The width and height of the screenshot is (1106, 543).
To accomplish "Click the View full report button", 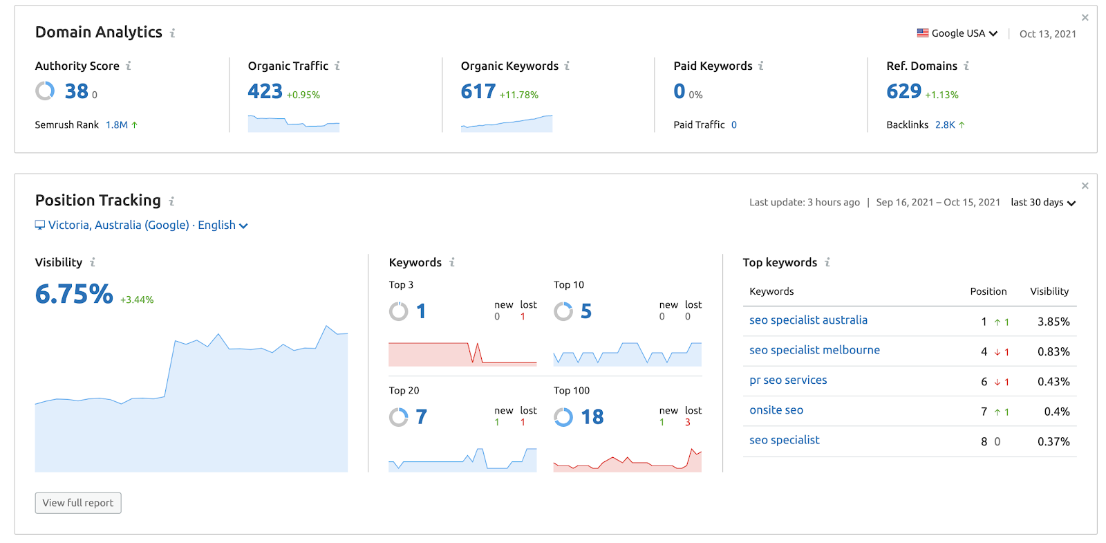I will point(78,503).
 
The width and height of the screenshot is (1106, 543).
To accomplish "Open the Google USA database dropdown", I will point(957,33).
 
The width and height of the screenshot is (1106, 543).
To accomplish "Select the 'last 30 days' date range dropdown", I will point(1042,203).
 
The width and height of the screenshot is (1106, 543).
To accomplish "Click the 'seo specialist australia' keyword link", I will point(808,320).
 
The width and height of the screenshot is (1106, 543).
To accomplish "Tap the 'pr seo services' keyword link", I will point(788,380).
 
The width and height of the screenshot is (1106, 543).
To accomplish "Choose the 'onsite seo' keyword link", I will point(776,410).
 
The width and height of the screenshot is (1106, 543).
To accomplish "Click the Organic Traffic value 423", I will point(265,91).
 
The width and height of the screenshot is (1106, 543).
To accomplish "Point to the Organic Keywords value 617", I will point(478,91).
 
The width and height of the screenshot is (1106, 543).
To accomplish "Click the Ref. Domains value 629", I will point(904,91).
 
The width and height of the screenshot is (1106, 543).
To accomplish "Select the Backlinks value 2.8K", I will point(945,125).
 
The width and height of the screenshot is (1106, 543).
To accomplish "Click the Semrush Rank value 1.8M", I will point(117,125).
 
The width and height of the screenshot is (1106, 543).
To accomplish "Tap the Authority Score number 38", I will point(77,91).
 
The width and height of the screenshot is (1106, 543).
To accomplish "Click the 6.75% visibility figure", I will point(74,294).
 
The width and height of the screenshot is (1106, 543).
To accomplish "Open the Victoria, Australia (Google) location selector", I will point(142,226).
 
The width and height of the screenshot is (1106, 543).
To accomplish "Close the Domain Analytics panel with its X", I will point(1085,18).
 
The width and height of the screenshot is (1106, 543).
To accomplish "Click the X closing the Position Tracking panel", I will point(1085,186).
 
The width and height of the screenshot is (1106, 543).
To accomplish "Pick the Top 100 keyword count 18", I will point(592,417).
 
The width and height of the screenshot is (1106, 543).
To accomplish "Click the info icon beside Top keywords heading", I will point(827,263).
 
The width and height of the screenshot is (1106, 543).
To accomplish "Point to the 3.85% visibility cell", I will point(1053,322).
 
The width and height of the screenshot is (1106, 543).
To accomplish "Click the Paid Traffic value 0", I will point(734,125).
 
